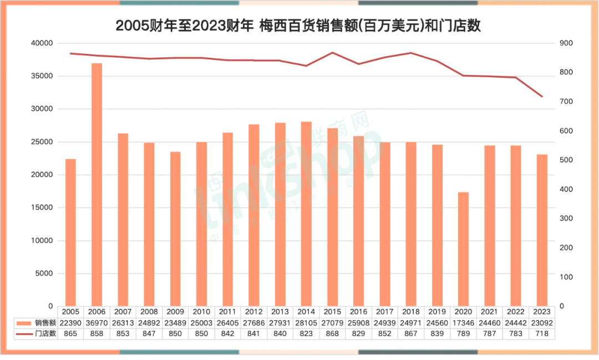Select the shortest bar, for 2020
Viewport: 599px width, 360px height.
pyautogui.click(x=463, y=249)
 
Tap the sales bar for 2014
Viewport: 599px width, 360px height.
pyautogui.click(x=306, y=214)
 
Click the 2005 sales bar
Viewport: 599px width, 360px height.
pyautogui.click(x=70, y=232)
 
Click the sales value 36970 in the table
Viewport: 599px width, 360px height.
pyautogui.click(x=97, y=323)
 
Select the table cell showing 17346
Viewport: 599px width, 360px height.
pyautogui.click(x=463, y=323)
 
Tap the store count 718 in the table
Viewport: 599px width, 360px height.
pyautogui.click(x=542, y=333)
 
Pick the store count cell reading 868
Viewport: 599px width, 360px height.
pyautogui.click(x=332, y=333)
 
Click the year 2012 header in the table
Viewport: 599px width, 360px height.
pyautogui.click(x=253, y=312)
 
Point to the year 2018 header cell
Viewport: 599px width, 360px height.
pyautogui.click(x=410, y=312)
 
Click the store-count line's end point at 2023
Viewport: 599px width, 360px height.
pyautogui.click(x=542, y=97)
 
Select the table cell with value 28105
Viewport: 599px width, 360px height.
pyautogui.click(x=306, y=323)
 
